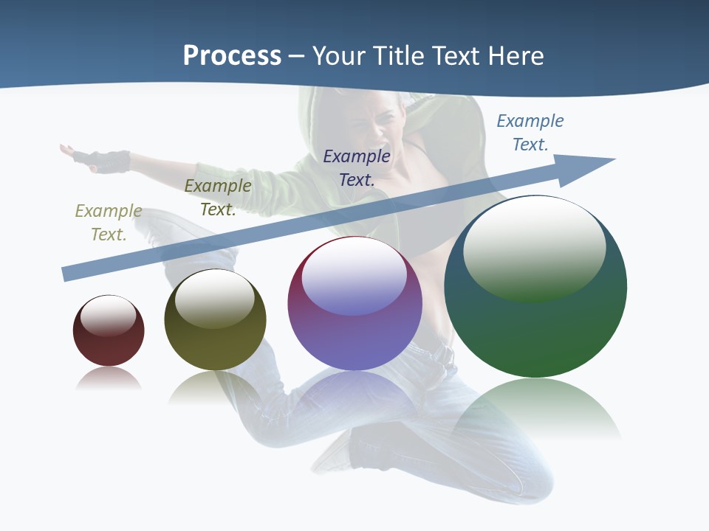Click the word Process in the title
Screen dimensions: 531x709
(232, 56)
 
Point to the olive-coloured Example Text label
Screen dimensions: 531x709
(218, 198)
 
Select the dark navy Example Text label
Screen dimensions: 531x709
(357, 167)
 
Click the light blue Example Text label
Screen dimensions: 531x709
(530, 132)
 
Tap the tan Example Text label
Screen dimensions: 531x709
(108, 222)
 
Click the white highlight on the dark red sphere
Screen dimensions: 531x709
(109, 316)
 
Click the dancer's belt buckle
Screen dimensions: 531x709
(444, 354)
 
